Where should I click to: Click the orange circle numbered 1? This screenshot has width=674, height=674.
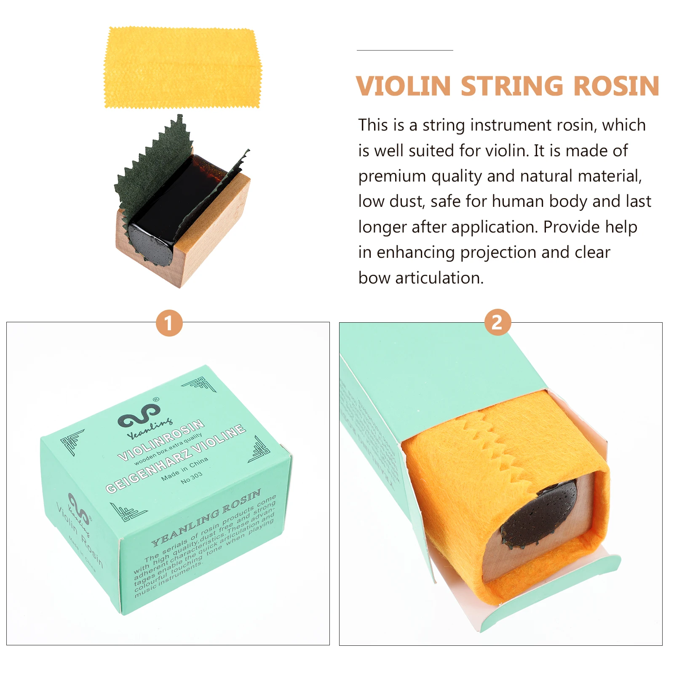(169, 323)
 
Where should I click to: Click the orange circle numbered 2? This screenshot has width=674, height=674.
(497, 322)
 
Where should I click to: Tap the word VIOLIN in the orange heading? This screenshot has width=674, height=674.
(404, 86)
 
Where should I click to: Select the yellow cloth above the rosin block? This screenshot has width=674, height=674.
(182, 67)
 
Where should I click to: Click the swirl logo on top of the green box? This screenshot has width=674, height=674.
(139, 415)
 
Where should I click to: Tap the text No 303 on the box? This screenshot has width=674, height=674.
(192, 478)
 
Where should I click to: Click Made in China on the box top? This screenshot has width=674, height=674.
(185, 469)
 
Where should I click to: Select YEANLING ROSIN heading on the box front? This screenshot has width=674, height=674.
(206, 518)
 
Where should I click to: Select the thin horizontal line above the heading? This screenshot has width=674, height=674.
(404, 50)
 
